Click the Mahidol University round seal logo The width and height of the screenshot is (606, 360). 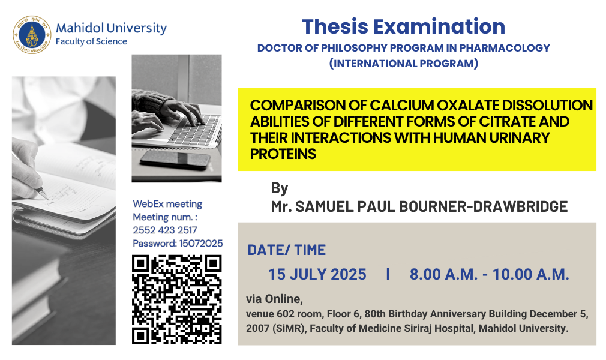pos(32,35)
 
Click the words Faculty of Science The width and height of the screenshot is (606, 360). pos(91,41)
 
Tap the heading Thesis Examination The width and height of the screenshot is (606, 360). pos(403,26)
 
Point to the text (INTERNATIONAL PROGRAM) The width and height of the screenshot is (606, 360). pos(403,63)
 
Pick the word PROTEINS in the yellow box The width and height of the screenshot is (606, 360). pos(283,154)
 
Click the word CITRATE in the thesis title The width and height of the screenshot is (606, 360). pos(507,121)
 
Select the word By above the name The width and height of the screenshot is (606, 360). pos(280,189)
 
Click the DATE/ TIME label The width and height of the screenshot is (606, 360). pos(286,250)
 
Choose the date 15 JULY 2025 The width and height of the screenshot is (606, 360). pos(317,274)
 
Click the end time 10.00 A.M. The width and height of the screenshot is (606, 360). pos(530,274)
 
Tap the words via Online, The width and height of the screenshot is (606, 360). pos(274,299)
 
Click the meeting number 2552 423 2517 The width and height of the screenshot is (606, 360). pos(164,230)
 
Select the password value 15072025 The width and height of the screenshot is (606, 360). pos(200,243)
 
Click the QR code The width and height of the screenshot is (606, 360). pos(176,299)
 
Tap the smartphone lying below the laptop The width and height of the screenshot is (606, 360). pos(175,160)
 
